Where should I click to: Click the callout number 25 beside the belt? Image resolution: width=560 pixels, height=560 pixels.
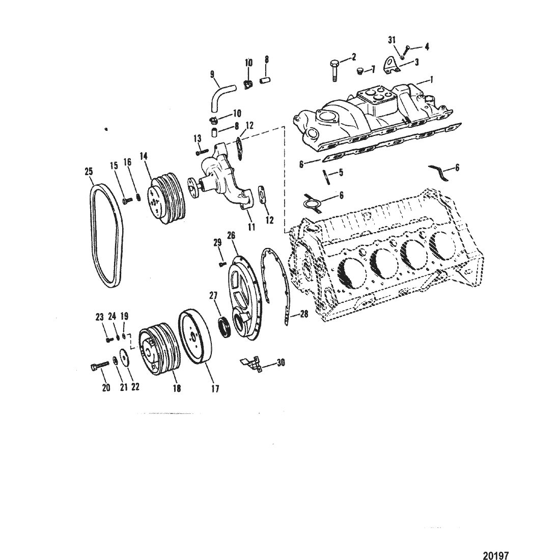[x=89, y=172]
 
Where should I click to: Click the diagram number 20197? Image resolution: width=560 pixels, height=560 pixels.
[x=496, y=555]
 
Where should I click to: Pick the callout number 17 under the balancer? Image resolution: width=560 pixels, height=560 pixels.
[x=215, y=388]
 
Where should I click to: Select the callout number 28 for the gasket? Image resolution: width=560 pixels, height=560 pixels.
[x=304, y=314]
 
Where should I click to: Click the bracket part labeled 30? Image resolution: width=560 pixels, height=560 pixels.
[x=253, y=363]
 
